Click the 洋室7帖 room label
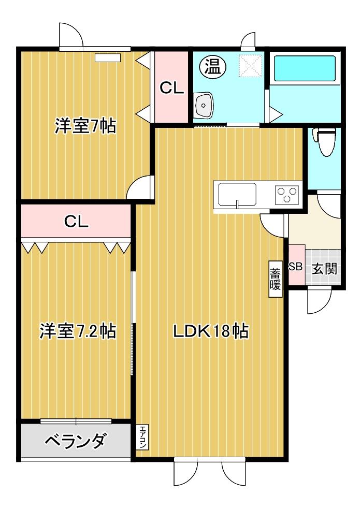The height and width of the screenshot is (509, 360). coord(85,126)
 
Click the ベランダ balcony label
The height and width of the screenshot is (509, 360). coord(76,441)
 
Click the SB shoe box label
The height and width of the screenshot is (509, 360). coord(295,267)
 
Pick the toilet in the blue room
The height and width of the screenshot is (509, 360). coord(325,141)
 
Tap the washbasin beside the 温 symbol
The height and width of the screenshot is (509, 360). coord(204,106)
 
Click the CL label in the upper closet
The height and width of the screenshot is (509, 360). coord(171,89)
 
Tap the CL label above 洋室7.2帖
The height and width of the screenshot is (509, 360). coord(76,222)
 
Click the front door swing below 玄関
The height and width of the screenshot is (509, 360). coord(319,300)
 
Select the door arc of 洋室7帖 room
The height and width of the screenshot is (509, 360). coord(141,188)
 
